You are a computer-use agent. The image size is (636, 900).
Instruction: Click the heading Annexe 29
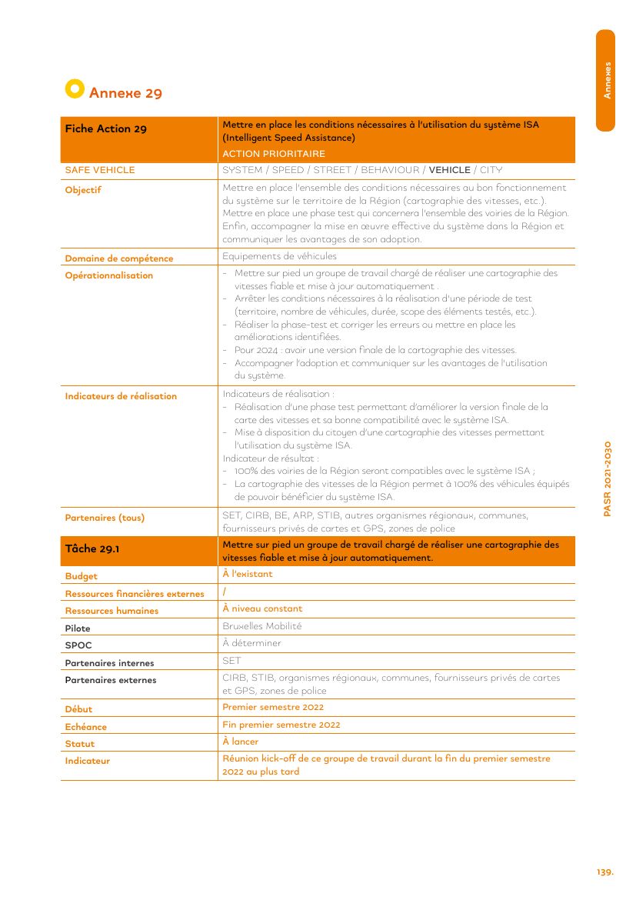[x=125, y=94]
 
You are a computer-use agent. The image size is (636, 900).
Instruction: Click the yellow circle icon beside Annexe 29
[x=74, y=88]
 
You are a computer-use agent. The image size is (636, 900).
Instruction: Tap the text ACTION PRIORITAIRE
[x=274, y=154]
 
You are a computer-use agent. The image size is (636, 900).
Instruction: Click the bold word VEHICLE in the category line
[x=449, y=170]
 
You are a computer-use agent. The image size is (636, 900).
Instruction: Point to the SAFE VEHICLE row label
[x=99, y=170]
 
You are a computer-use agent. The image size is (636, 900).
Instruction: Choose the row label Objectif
[x=83, y=190]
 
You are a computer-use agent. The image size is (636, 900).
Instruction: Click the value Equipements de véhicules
[x=279, y=256]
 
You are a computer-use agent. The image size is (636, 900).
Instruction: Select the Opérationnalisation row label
[x=108, y=275]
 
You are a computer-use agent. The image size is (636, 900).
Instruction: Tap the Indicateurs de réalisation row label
[x=121, y=396]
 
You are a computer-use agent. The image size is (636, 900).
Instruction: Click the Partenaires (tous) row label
[x=105, y=518]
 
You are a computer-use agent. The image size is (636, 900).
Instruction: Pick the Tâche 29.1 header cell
[x=92, y=548]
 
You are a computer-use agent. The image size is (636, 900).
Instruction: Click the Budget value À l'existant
[x=247, y=574]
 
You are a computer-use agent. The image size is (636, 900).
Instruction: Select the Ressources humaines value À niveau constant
[x=262, y=608]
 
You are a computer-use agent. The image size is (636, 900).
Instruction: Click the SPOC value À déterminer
[x=251, y=643]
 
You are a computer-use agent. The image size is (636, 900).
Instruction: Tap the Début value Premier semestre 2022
[x=273, y=707]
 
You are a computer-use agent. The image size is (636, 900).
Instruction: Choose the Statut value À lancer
[x=240, y=742]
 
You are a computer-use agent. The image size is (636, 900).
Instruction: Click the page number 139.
[x=604, y=872]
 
